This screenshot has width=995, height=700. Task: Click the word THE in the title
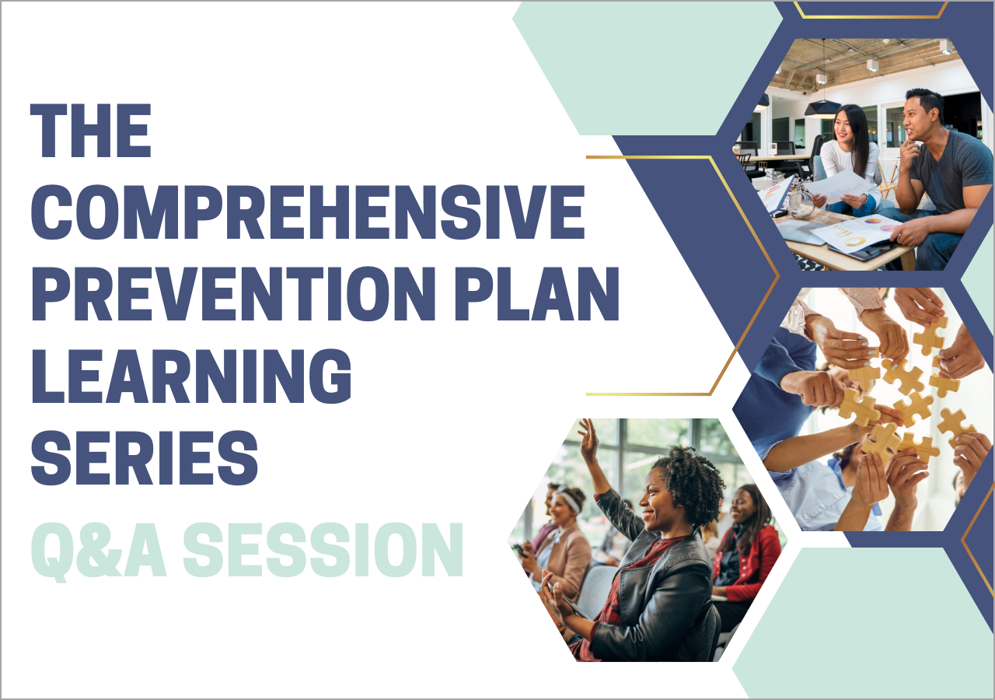pos(91,131)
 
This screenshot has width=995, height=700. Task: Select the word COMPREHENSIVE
pos(308,212)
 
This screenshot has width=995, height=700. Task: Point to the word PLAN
pos(536,294)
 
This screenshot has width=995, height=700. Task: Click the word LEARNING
pos(191,376)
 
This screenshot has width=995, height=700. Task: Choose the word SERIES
pos(145,458)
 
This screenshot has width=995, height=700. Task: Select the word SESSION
pos(323,550)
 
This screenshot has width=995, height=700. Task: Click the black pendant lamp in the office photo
pos(822,108)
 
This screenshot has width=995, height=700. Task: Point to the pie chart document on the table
pos(857,235)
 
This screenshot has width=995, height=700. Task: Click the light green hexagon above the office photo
pos(648,68)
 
